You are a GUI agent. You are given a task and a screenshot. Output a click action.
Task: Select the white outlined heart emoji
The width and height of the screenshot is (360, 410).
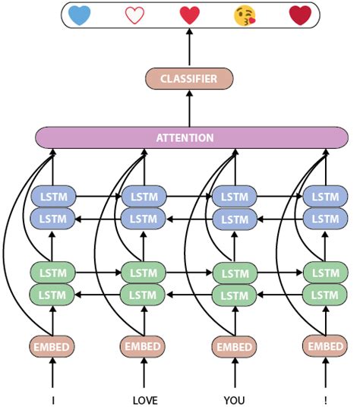[134, 15]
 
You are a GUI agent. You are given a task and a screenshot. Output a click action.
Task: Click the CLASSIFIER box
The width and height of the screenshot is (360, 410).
[189, 79]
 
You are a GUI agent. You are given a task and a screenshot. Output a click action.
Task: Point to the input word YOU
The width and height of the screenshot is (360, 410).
[234, 399]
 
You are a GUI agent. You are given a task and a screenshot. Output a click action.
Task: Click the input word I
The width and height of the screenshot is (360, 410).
[52, 399]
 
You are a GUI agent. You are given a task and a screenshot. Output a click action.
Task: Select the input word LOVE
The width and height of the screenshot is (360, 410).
[144, 399]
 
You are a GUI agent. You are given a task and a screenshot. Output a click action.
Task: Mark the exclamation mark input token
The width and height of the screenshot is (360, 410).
[326, 399]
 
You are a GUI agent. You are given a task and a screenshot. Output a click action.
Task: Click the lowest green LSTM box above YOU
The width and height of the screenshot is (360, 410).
[234, 294]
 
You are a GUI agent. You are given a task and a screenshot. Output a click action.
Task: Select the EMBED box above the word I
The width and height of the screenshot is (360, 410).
[52, 347]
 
